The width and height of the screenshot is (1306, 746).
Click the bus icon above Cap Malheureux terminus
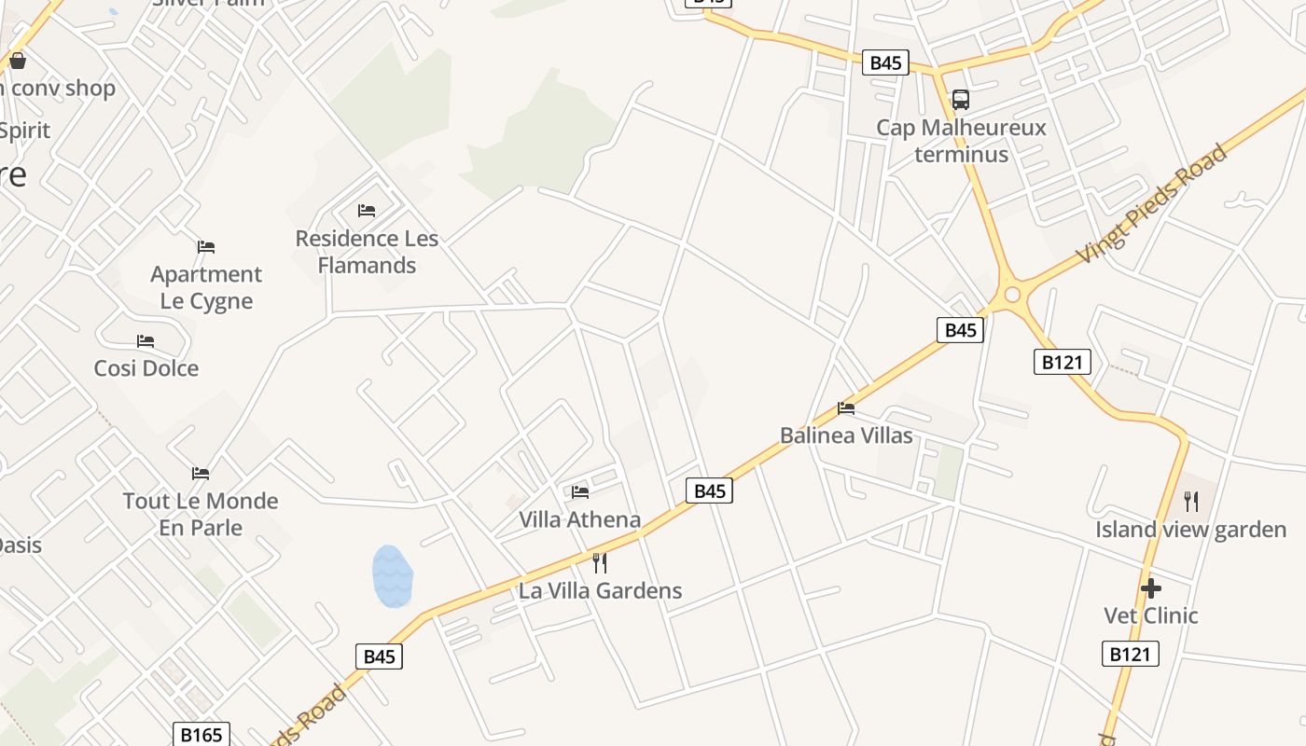point(960,99)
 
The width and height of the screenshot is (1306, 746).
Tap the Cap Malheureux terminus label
point(961,141)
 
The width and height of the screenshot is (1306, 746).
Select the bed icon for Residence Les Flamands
point(367,211)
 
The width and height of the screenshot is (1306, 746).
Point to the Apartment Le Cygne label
point(206,287)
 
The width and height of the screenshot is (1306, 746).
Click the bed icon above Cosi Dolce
point(146,341)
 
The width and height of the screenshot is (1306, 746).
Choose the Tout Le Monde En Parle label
point(201,514)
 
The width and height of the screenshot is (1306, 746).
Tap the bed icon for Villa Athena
point(580,491)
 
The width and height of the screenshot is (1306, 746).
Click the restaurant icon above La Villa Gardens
point(600,562)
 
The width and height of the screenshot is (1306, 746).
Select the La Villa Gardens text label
point(600,590)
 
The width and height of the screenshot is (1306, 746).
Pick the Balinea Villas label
point(846,435)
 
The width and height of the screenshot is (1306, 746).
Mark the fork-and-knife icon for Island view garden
point(1191,502)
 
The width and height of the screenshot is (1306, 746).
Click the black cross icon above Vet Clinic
point(1151,588)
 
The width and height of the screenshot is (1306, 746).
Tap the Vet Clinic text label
point(1151,615)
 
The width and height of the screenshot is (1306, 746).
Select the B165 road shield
point(201,735)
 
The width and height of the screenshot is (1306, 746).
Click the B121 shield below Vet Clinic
point(1130,654)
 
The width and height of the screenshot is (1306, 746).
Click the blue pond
point(392,576)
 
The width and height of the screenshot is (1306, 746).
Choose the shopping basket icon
point(17,62)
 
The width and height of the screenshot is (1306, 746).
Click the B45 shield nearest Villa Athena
point(709,490)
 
